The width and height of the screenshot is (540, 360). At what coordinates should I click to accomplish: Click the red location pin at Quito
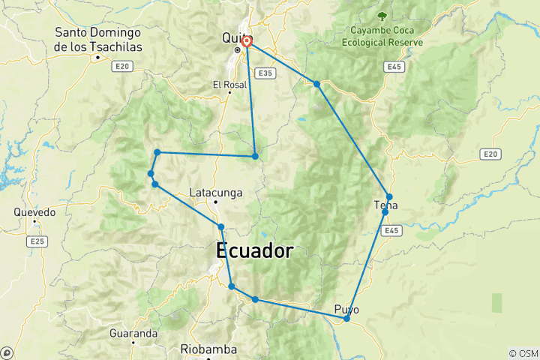[x=246, y=42]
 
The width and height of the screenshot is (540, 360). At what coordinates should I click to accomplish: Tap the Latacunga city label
[x=217, y=193]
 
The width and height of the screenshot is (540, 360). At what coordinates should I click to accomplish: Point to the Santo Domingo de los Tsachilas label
[x=97, y=40]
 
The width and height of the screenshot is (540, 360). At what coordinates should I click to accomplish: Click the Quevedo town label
[x=34, y=212]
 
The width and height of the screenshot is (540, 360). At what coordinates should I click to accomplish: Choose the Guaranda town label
[x=133, y=332]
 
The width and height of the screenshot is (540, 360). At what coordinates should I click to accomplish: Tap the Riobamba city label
[x=208, y=349]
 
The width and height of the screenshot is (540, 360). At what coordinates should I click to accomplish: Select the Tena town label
[x=386, y=205]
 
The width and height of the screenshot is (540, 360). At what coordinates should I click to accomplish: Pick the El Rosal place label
[x=229, y=84]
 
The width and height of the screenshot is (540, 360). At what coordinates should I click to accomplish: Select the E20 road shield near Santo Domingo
[x=123, y=66]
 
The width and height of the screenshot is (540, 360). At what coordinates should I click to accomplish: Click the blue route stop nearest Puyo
[x=346, y=319]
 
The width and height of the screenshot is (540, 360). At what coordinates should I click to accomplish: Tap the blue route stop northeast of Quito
[x=317, y=84]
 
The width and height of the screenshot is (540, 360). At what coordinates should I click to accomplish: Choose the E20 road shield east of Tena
[x=490, y=154]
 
